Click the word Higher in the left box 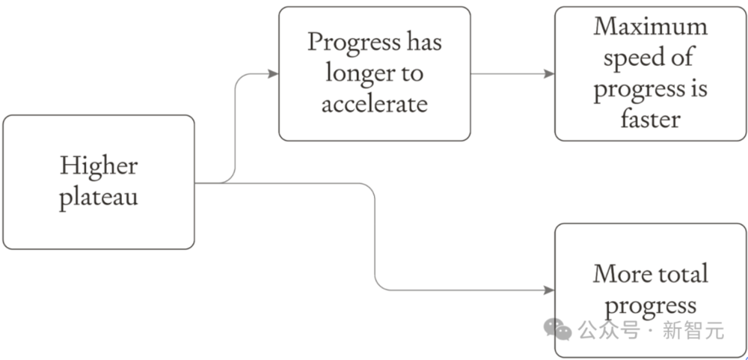coord(99,167)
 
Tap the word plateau coord(99,196)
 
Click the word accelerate coord(375,104)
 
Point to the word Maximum coord(650,27)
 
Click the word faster coord(650,118)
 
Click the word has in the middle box coord(425,42)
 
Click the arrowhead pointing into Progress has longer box coord(273,73)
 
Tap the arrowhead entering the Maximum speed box coord(549,73)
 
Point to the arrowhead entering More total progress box coord(549,290)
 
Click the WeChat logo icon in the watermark coord(558,329)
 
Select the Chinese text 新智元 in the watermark coord(693,330)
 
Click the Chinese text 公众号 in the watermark coord(609,330)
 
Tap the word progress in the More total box coord(650,307)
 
